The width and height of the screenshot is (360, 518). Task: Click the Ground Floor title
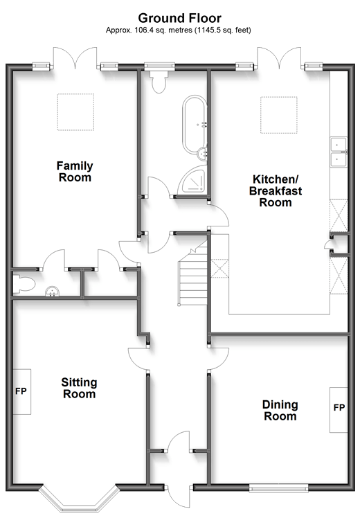180,18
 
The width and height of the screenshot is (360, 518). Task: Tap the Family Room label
75,172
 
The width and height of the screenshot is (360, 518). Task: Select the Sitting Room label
79,388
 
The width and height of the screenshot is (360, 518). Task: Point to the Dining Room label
280,410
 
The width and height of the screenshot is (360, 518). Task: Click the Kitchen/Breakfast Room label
276,190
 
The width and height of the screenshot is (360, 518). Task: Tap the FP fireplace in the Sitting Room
21,391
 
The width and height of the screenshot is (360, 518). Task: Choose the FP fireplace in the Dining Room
339,410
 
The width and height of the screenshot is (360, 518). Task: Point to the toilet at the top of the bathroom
159,81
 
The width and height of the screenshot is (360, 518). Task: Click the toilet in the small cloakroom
24,285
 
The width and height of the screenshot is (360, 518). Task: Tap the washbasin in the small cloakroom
52,291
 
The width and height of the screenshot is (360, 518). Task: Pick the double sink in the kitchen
339,152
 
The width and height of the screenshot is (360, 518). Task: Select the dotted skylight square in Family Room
75,112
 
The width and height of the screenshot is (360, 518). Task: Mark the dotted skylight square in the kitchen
279,115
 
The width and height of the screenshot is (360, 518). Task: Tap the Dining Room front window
278,488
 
